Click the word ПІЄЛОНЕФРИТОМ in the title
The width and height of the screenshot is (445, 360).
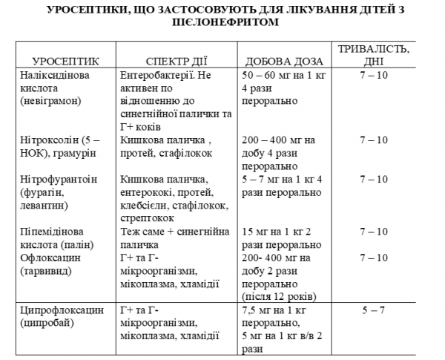tap(222, 23)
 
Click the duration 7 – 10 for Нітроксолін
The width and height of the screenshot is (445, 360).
tap(373, 140)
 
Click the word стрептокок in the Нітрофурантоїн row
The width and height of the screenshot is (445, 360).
tap(146, 218)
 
